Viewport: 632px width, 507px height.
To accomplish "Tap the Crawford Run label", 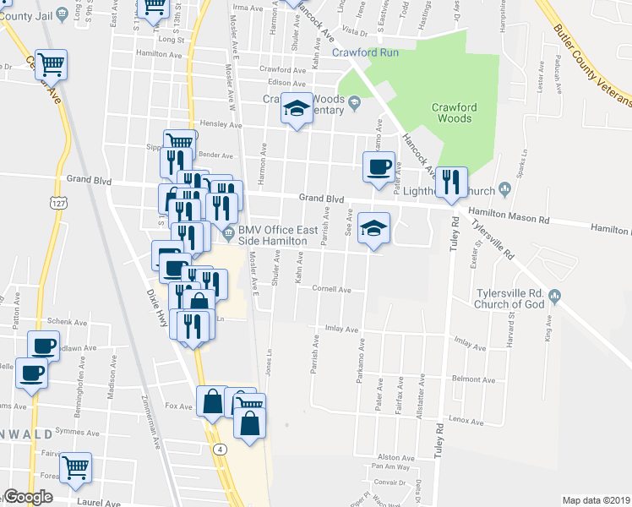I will pos(364,52).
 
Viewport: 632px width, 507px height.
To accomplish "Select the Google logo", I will pos(28,497).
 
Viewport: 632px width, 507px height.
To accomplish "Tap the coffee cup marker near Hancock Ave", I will pos(378,166).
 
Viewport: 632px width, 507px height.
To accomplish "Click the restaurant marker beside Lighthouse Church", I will pos(450,182).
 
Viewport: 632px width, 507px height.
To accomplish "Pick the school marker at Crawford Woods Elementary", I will pos(297,107).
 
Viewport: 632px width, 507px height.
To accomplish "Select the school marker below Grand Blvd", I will pos(373,227).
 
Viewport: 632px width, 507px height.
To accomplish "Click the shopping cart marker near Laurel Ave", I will pos(76,466).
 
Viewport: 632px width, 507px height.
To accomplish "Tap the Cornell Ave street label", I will pos(331,288).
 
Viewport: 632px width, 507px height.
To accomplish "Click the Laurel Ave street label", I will pos(100,503).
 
